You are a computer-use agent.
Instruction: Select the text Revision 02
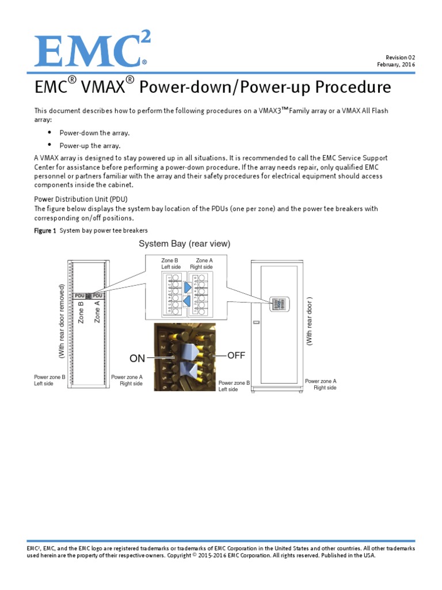399,58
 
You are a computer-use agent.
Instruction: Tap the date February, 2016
396,65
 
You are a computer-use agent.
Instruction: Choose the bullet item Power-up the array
90,146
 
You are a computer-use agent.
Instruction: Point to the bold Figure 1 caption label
45,230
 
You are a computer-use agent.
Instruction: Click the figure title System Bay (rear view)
184,244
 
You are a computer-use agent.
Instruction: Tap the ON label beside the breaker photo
138,358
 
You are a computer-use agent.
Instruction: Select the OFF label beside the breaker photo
236,355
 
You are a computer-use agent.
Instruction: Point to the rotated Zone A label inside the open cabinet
97,311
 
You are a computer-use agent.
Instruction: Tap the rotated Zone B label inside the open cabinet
81,312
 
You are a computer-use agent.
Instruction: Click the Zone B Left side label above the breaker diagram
171,264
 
